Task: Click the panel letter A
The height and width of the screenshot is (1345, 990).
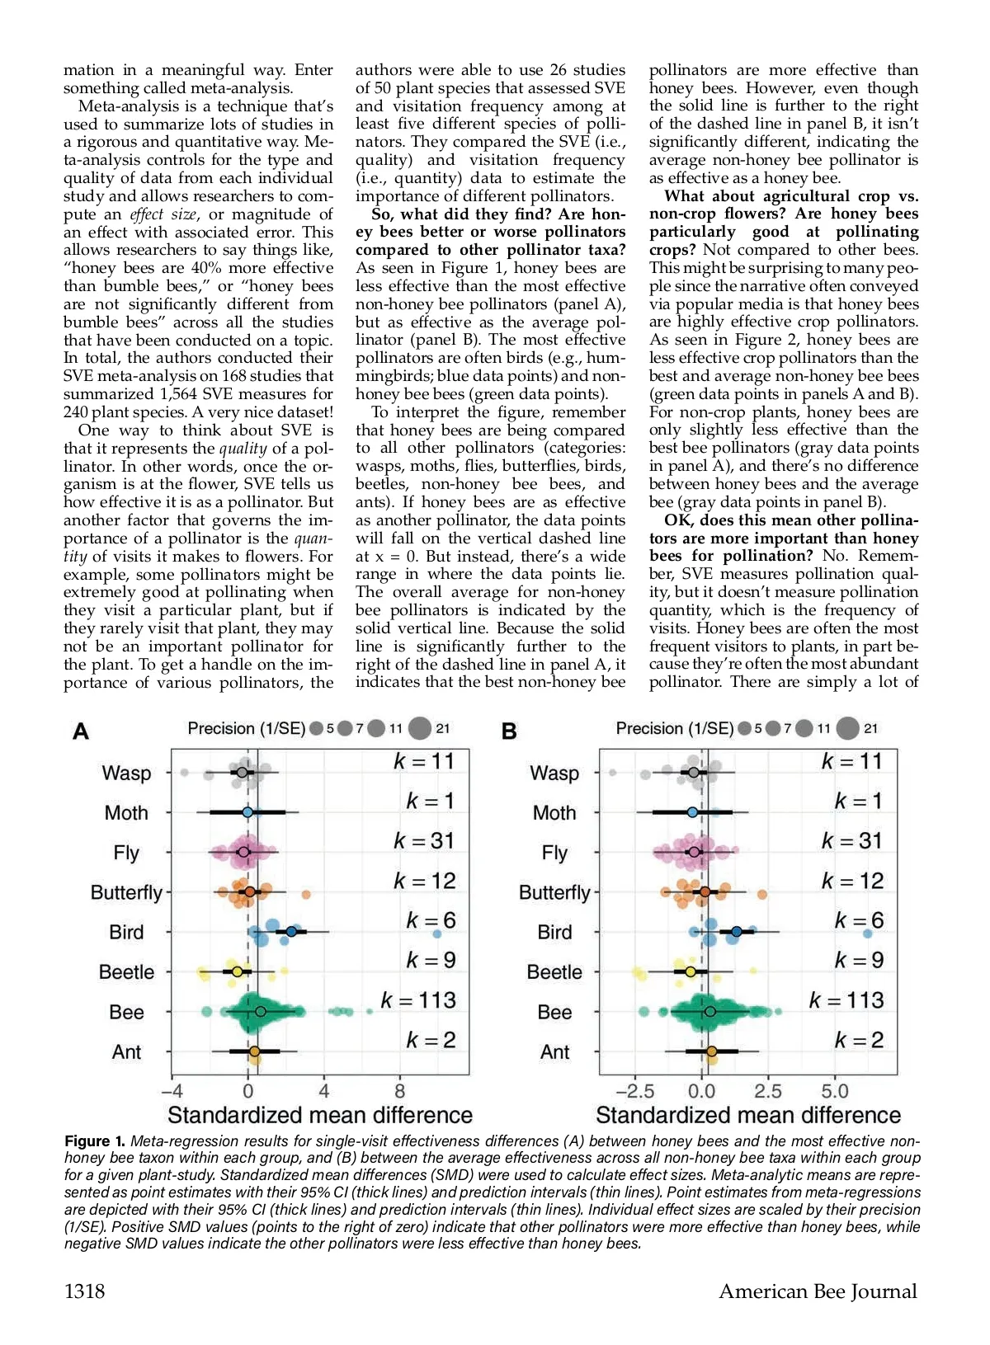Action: pyautogui.click(x=81, y=731)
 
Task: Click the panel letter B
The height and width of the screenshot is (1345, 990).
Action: pyautogui.click(x=509, y=731)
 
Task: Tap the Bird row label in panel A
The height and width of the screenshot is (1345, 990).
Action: pyautogui.click(x=126, y=932)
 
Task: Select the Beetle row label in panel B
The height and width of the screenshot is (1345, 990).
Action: pyautogui.click(x=554, y=972)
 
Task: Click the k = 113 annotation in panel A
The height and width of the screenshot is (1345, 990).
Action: pyautogui.click(x=418, y=1000)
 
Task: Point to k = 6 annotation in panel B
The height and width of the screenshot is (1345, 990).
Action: pyautogui.click(x=859, y=920)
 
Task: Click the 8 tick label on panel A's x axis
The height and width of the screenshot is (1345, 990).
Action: pyautogui.click(x=400, y=1091)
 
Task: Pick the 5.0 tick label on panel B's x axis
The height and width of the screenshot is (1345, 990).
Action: pyautogui.click(x=835, y=1091)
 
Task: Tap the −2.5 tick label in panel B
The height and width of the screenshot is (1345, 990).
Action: pyautogui.click(x=634, y=1091)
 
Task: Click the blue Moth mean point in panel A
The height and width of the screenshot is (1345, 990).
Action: pyautogui.click(x=247, y=812)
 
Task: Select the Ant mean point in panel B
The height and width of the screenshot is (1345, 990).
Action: pyautogui.click(x=712, y=1051)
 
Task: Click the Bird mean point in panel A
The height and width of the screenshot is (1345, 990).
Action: pyautogui.click(x=291, y=931)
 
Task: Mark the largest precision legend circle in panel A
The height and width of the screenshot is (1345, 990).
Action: pyautogui.click(x=420, y=728)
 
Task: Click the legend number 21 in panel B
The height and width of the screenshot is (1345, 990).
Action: pyautogui.click(x=871, y=728)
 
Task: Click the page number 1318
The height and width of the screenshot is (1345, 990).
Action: pyautogui.click(x=85, y=1291)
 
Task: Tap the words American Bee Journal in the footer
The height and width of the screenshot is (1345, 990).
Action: pyautogui.click(x=818, y=1291)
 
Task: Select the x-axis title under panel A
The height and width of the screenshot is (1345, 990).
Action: pyautogui.click(x=320, y=1115)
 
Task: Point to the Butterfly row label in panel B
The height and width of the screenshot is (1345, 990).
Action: pyautogui.click(x=554, y=892)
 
